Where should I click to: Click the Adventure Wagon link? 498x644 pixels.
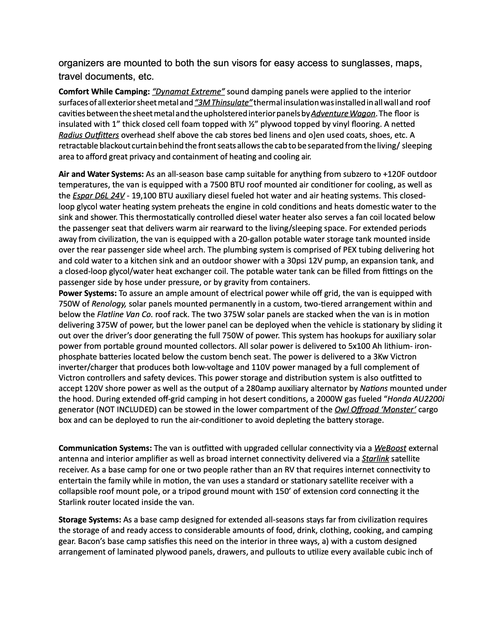click(343, 113)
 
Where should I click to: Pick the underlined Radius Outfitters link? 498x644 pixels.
click(89, 135)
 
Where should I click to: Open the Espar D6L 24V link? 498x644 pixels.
click(98, 196)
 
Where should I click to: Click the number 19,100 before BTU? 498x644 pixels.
click(143, 196)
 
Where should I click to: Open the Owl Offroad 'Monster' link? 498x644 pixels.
click(375, 409)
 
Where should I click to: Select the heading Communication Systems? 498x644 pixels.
click(105, 448)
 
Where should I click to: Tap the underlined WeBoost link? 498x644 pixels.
click(390, 448)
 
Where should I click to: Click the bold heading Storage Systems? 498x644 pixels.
click(90, 520)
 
